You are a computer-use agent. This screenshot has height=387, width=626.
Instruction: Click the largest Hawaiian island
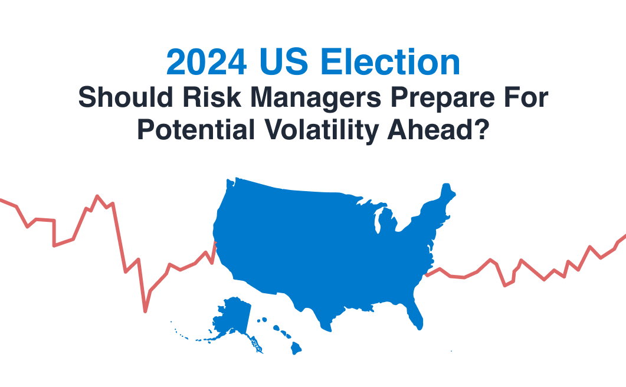296,348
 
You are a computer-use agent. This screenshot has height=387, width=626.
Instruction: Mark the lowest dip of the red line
145,310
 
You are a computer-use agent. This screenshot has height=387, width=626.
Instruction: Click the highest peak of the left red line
97,196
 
